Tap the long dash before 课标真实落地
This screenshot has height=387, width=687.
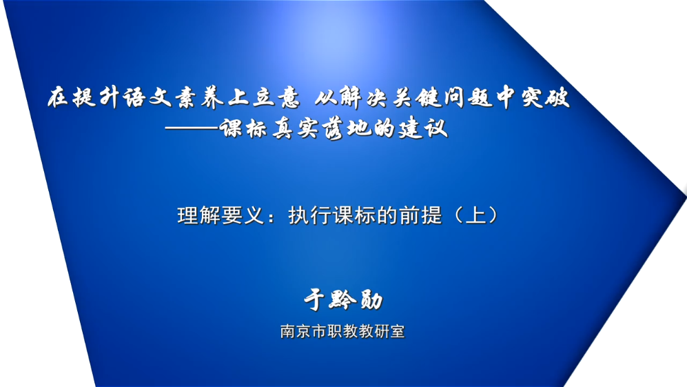(192, 128)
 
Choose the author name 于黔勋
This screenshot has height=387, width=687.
(343, 300)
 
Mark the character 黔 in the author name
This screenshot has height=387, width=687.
(343, 300)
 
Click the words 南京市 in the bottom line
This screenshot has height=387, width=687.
(304, 331)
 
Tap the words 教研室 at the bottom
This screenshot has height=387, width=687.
(382, 331)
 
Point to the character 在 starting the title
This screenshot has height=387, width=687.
(59, 97)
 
